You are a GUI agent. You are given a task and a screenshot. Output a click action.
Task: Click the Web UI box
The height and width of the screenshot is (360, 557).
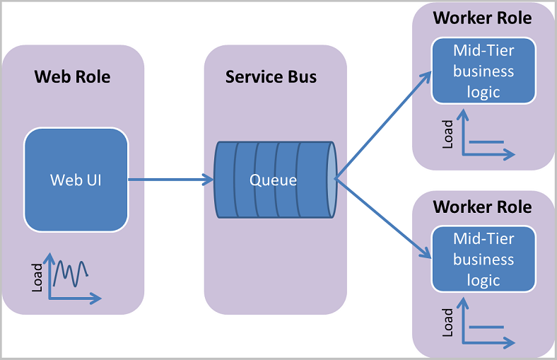point(76,180)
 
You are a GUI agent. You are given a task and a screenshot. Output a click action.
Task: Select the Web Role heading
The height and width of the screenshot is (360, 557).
point(72,76)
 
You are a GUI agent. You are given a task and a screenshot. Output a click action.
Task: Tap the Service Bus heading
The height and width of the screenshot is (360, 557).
point(271,76)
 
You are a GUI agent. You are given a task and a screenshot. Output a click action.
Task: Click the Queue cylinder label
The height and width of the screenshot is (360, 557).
point(273,180)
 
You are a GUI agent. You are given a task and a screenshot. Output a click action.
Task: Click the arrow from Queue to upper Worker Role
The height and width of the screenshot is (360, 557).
point(383,124)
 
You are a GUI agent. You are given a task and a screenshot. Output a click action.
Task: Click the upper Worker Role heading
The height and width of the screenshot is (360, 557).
point(482,18)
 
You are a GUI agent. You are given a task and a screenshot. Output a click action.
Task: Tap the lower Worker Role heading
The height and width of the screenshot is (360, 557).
point(482,207)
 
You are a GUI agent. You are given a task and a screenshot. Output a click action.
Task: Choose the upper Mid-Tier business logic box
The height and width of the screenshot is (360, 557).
point(483,71)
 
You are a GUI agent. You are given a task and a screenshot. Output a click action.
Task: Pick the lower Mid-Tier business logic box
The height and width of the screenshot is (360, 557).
point(483,259)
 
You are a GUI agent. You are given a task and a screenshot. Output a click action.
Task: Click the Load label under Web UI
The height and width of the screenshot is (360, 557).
point(37,277)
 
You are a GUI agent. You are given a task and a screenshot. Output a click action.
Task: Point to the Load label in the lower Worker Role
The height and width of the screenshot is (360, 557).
point(448,323)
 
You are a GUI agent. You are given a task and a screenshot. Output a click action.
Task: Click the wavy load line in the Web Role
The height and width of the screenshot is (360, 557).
point(71,271)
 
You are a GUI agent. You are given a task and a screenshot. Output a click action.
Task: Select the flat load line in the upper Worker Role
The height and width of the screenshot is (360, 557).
point(486,141)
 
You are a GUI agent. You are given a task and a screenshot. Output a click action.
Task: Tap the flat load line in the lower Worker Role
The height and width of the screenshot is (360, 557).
point(486,327)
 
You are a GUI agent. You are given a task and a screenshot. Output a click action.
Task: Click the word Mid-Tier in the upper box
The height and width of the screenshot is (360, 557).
point(483,51)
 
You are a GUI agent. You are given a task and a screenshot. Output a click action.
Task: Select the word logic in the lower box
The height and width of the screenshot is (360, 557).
point(483,280)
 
